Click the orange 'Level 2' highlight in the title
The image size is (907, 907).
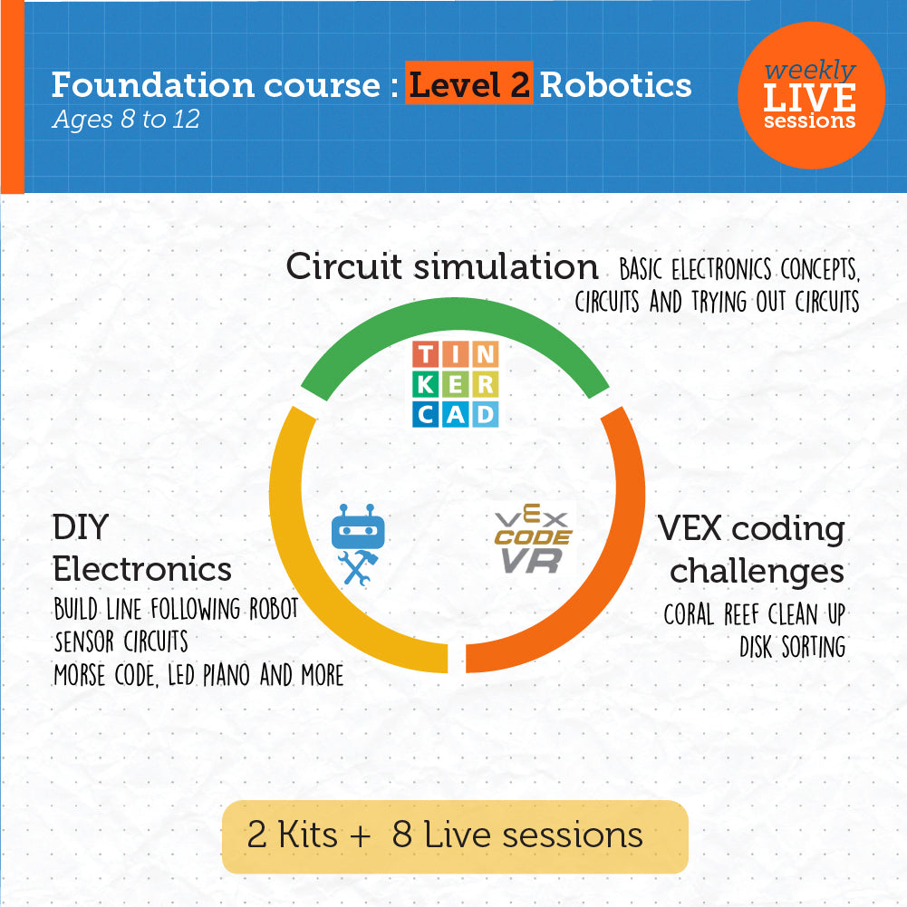tap(468, 84)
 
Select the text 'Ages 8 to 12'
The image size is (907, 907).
tap(125, 120)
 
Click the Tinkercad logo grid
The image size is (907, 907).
tap(455, 383)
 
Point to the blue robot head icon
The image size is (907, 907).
tap(352, 528)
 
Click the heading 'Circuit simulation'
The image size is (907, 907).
tap(442, 266)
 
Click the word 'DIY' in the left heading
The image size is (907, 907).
tap(81, 526)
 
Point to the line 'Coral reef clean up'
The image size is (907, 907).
tap(754, 614)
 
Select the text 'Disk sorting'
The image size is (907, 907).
tap(792, 647)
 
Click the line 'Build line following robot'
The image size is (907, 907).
tap(176, 608)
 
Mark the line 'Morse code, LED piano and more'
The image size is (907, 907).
tap(198, 675)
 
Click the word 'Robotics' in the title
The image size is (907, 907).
tap(616, 84)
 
